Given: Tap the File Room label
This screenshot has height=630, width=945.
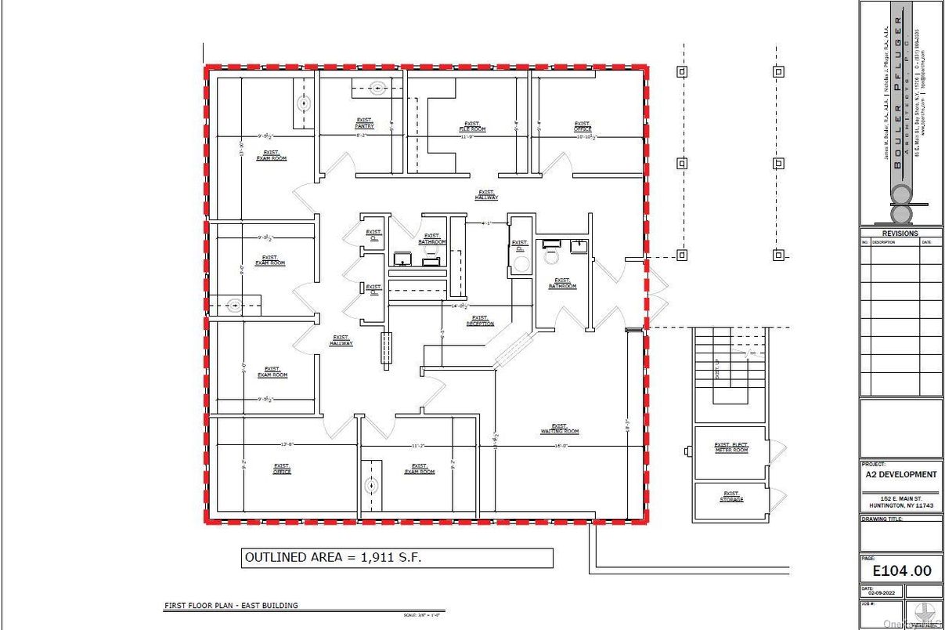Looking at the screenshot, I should coord(472,126).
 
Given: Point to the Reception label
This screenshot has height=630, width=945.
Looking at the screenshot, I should coord(480,320).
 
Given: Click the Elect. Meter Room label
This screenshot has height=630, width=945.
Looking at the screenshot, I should coord(731,447).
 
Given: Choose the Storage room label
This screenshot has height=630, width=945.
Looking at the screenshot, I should coord(731,497).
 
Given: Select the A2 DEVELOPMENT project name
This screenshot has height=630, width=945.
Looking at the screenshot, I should coord(900,474).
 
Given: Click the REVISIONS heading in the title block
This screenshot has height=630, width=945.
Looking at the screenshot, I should coord(900,233).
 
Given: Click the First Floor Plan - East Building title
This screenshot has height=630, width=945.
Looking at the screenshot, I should coord(231,606).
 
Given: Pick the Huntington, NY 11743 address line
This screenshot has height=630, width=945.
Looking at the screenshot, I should coord(900,505).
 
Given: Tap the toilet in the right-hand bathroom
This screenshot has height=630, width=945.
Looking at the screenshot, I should coord(551,255).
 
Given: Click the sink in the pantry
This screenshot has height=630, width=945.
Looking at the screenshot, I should coord(378,89).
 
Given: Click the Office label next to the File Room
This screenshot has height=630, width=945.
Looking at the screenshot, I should coord(582,126).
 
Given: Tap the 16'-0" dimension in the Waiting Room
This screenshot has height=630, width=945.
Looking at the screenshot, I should coord(561,446).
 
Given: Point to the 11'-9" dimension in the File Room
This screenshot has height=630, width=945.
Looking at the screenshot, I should coord(467,136).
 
